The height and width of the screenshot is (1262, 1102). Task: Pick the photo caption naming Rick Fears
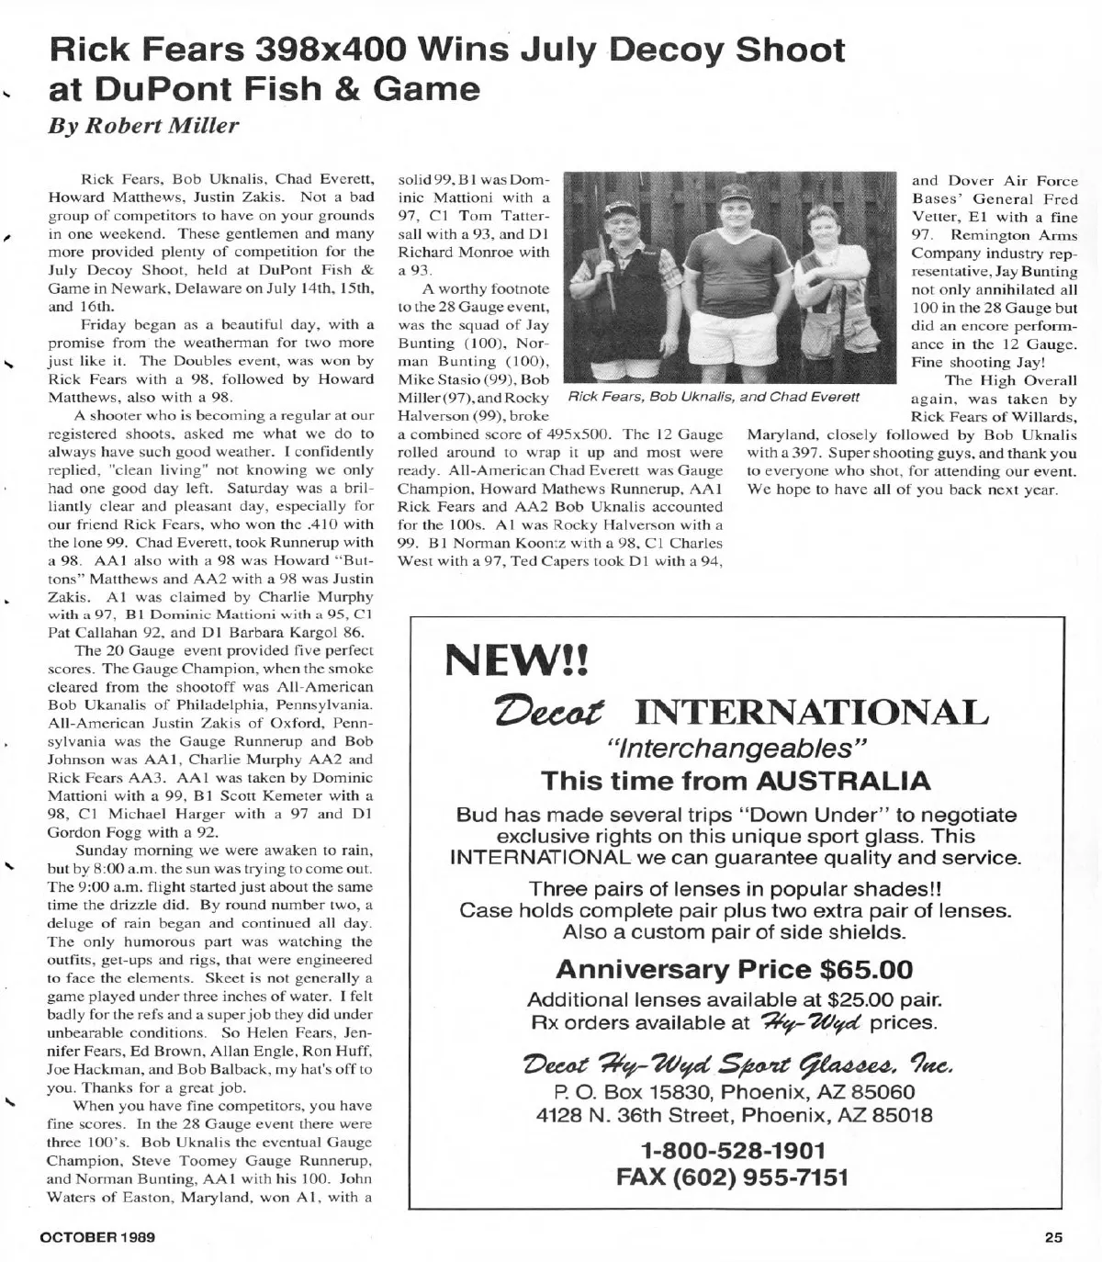[714, 397]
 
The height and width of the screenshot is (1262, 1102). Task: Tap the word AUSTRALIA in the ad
[843, 781]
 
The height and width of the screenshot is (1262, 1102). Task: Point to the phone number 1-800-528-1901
[733, 1150]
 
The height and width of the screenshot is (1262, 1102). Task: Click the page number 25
[1052, 1236]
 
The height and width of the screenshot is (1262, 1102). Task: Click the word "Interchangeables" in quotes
[734, 748]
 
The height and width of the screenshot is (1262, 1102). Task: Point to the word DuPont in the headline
[166, 88]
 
